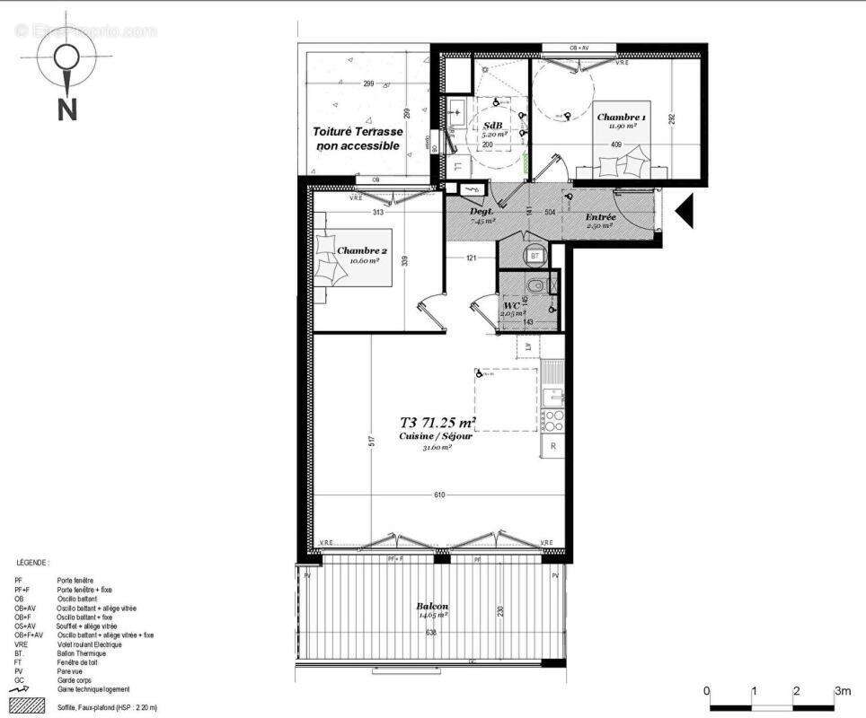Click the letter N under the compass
point(66,109)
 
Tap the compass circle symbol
point(66,60)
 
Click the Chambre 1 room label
point(621,118)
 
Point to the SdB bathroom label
point(493,125)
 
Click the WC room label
point(512,305)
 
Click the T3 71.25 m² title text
point(437,423)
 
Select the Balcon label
point(432,606)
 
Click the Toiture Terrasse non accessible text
point(358,137)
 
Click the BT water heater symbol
point(535,255)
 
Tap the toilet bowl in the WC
point(535,286)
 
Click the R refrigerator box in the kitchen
point(553,446)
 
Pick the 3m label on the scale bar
point(843,691)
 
